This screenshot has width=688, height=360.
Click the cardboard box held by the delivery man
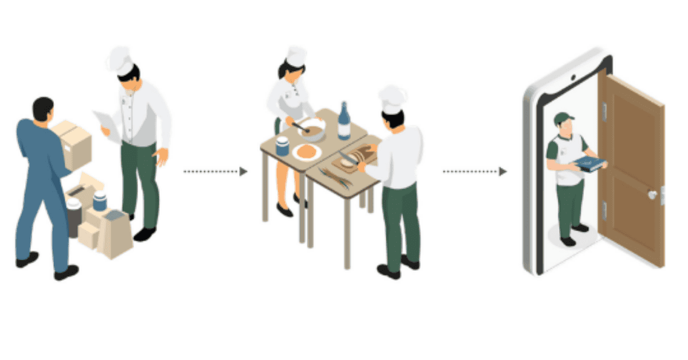point(73,144)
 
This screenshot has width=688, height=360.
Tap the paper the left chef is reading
point(107,123)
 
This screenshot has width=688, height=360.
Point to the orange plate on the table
point(306,151)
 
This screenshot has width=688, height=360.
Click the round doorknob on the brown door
point(652,194)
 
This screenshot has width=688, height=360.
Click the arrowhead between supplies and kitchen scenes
point(244,171)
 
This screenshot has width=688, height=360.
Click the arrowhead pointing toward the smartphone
point(503,171)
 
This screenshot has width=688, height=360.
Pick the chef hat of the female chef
point(296,56)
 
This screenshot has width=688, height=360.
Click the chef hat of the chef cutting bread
point(392,99)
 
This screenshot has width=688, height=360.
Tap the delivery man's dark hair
point(42,107)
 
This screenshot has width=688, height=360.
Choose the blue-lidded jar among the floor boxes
point(100,201)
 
